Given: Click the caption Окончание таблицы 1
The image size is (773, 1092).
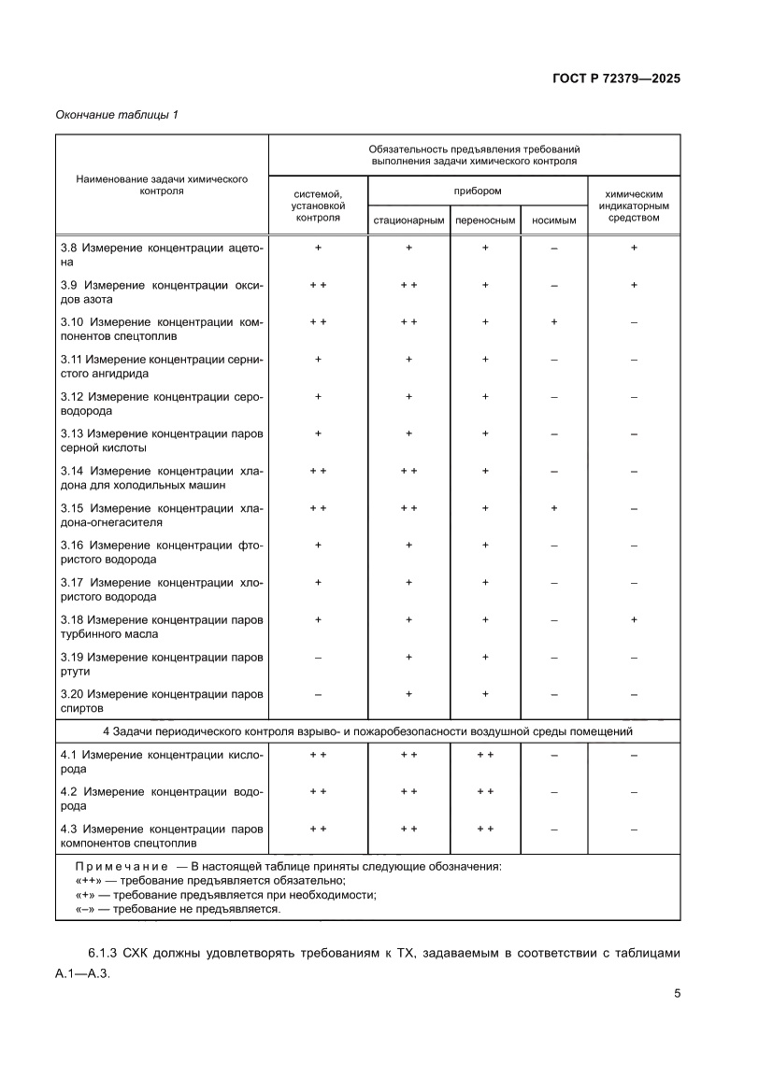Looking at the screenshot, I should point(117,115).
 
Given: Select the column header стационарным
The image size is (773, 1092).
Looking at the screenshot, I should point(408,221).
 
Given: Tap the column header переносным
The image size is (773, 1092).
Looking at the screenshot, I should point(485,221).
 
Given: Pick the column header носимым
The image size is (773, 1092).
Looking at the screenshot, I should point(553,221).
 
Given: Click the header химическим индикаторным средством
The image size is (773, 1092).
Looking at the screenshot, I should point(634,206).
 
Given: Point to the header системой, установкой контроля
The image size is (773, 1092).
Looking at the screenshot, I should point(318,206).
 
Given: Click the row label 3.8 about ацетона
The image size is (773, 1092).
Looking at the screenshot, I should point(162,255).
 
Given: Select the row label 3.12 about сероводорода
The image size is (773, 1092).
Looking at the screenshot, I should point(162,404).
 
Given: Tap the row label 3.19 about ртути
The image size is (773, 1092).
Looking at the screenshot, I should point(162,665).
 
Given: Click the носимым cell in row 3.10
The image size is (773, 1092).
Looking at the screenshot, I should point(554,321).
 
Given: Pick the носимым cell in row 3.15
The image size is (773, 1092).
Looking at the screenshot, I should point(554,508).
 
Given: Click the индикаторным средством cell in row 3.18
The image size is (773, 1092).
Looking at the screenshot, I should point(634,619).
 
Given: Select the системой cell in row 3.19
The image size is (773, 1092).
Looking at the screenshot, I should point(318,658).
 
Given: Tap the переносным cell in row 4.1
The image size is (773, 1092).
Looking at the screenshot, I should point(485,754).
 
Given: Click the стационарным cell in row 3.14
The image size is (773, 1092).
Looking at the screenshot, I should point(408,471).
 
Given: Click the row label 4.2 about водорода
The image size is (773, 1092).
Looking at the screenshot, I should point(162,799).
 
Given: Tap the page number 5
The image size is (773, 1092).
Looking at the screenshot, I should point(677,993).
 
